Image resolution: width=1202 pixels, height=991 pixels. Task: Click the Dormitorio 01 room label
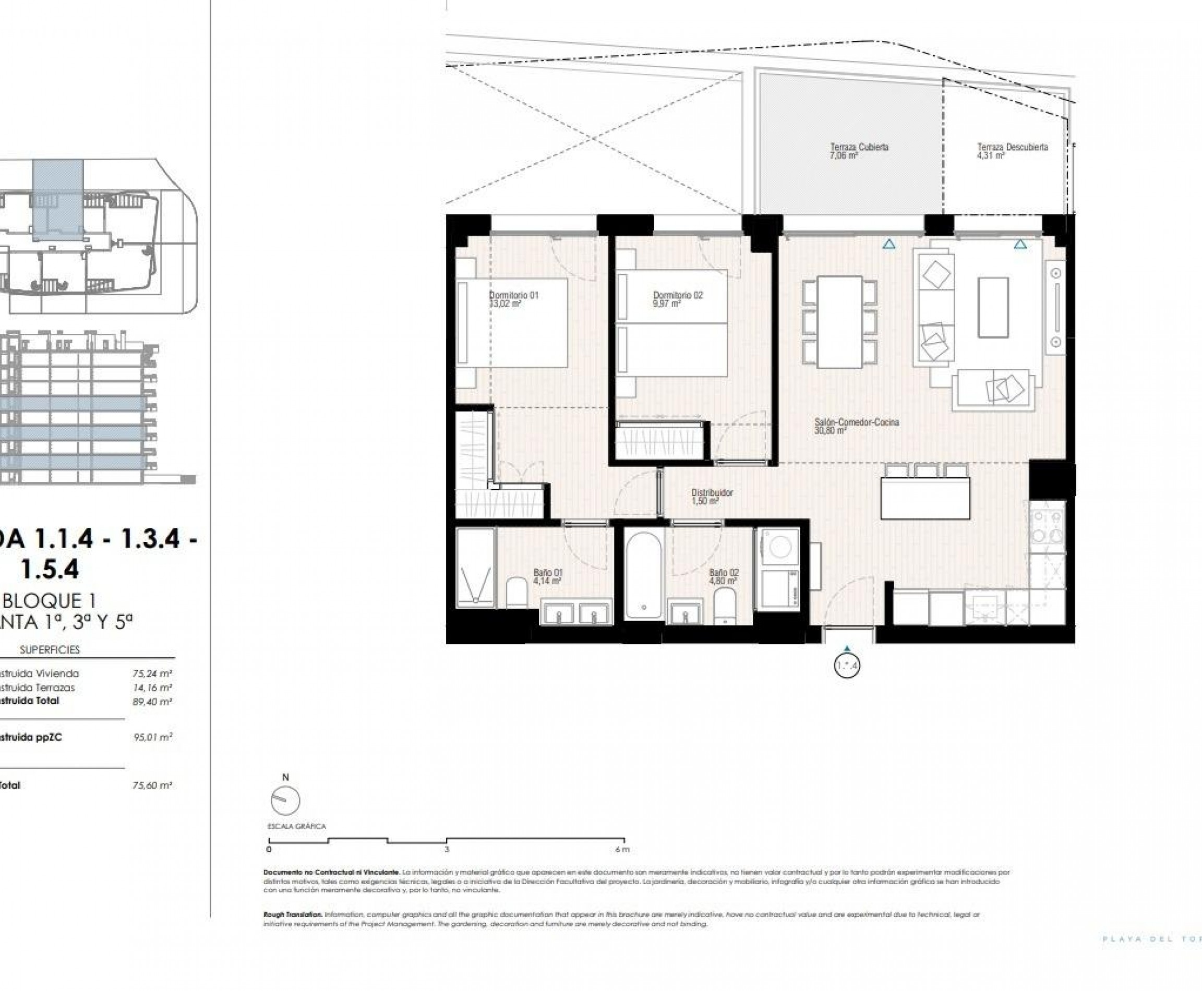coord(513,295)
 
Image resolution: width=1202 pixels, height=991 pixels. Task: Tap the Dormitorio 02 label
coord(678,295)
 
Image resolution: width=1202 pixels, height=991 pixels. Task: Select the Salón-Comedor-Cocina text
coord(857,422)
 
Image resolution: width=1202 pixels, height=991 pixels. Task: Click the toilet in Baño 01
coord(518,593)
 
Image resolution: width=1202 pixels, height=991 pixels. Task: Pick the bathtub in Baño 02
coord(644,573)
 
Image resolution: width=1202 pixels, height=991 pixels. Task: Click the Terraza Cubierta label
coord(859,147)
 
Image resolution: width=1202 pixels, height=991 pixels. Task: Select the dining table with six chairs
coord(839,322)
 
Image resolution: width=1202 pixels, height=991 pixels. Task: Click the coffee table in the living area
coord(993,307)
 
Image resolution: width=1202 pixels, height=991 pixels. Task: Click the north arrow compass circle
coord(285,800)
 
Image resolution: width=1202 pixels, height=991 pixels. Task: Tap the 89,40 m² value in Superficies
coord(152,702)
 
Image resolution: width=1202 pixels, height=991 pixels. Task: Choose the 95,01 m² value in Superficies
coord(152,737)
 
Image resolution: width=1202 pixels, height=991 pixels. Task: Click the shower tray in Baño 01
coord(475,567)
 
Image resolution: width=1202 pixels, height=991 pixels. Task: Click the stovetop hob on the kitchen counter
coord(1047,526)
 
